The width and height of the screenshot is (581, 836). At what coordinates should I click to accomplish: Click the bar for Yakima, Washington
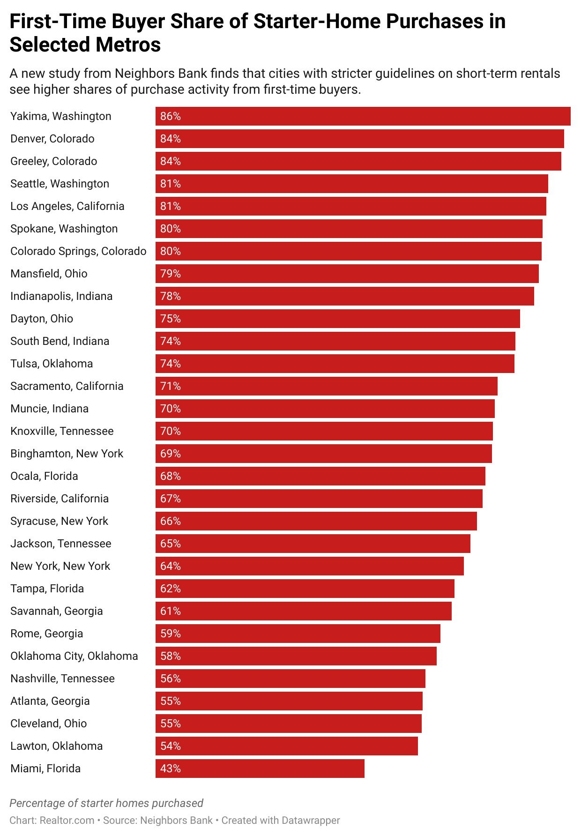pos(363,116)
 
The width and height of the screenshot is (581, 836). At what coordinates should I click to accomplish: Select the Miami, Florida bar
pos(260,769)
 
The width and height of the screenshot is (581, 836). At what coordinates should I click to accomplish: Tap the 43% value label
pos(171,769)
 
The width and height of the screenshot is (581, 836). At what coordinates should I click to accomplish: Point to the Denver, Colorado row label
pos(52,139)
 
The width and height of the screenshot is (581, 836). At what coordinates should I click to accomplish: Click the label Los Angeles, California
pos(67,206)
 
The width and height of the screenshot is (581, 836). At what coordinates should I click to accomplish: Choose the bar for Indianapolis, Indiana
pos(344,296)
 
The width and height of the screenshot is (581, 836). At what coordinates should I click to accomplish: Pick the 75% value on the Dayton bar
pos(171,319)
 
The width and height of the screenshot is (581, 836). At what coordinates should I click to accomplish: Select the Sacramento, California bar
pos(326,386)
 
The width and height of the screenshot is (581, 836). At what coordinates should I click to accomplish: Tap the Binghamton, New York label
pos(67,454)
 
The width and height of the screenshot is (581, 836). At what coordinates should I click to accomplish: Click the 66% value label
pos(171,521)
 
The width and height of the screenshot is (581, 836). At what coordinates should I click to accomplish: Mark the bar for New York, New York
pos(309,566)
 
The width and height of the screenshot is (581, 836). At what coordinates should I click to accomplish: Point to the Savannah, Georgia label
pos(56,611)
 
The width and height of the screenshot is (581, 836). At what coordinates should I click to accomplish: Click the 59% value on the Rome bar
pos(171,634)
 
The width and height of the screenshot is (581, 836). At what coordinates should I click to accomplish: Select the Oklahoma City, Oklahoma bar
pos(296,656)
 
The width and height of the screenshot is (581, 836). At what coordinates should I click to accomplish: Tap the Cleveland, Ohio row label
pos(49,724)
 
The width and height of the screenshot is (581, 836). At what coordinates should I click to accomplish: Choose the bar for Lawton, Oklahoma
pos(286,746)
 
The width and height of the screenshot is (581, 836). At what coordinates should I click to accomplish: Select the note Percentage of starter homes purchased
pos(106,803)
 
